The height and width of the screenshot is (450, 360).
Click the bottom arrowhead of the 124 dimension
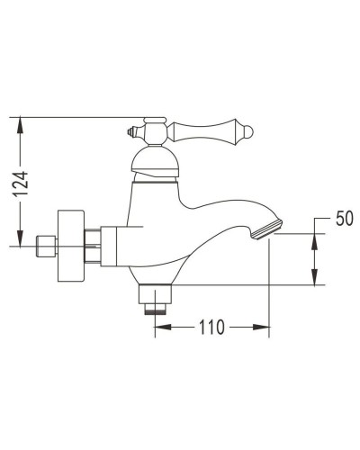[20, 238]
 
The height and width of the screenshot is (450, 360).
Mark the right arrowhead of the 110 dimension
[265, 328]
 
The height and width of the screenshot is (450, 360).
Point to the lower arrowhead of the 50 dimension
[314, 280]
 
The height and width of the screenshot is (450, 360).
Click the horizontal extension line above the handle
[81, 116]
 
